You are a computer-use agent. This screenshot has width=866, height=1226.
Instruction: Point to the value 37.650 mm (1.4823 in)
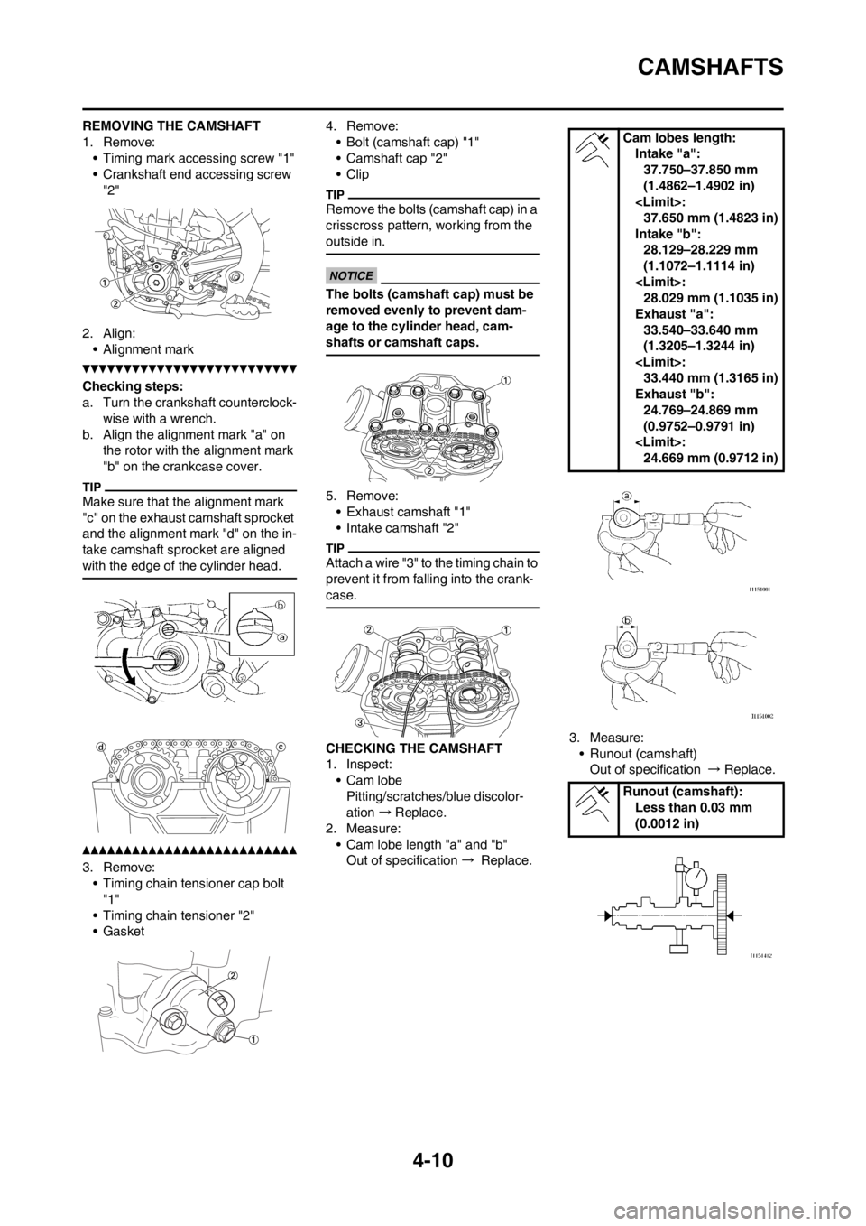711,218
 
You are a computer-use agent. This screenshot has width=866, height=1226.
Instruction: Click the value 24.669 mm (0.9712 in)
711,458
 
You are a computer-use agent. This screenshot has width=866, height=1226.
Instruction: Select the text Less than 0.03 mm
693,807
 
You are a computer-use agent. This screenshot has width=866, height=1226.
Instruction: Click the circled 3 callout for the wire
362,722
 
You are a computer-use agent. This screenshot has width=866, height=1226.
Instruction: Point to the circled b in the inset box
279,605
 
